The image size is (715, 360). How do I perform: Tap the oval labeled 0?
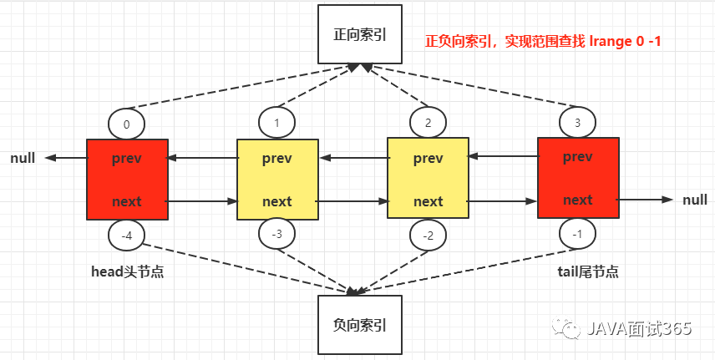click(126, 124)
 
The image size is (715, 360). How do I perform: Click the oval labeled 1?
click(276, 124)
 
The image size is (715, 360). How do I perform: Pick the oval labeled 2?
click(428, 124)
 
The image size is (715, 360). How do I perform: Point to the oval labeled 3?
click(578, 124)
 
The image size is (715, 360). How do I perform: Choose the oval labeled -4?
click(126, 236)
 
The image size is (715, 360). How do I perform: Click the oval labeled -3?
click(276, 233)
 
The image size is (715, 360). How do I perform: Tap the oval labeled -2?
click(428, 236)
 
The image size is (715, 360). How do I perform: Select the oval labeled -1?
click(578, 233)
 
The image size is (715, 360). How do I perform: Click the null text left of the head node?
click(23, 158)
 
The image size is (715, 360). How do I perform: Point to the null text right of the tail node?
click(694, 200)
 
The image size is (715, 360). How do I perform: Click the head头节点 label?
click(127, 271)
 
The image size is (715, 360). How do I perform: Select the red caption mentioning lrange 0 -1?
click(543, 40)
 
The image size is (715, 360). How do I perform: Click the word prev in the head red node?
click(127, 158)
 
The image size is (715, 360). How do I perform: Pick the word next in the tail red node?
click(578, 200)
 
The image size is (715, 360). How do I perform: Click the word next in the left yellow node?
click(277, 201)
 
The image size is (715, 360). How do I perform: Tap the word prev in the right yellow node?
click(428, 158)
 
